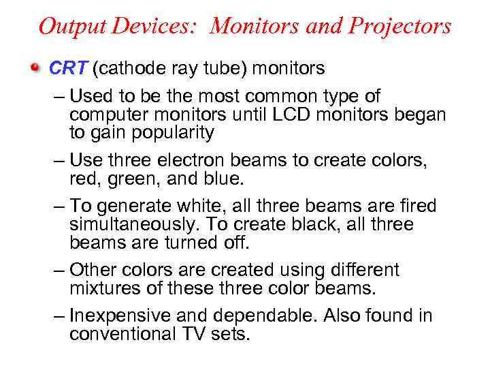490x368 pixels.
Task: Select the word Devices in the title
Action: click(x=151, y=27)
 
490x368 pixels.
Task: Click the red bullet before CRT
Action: click(x=34, y=69)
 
